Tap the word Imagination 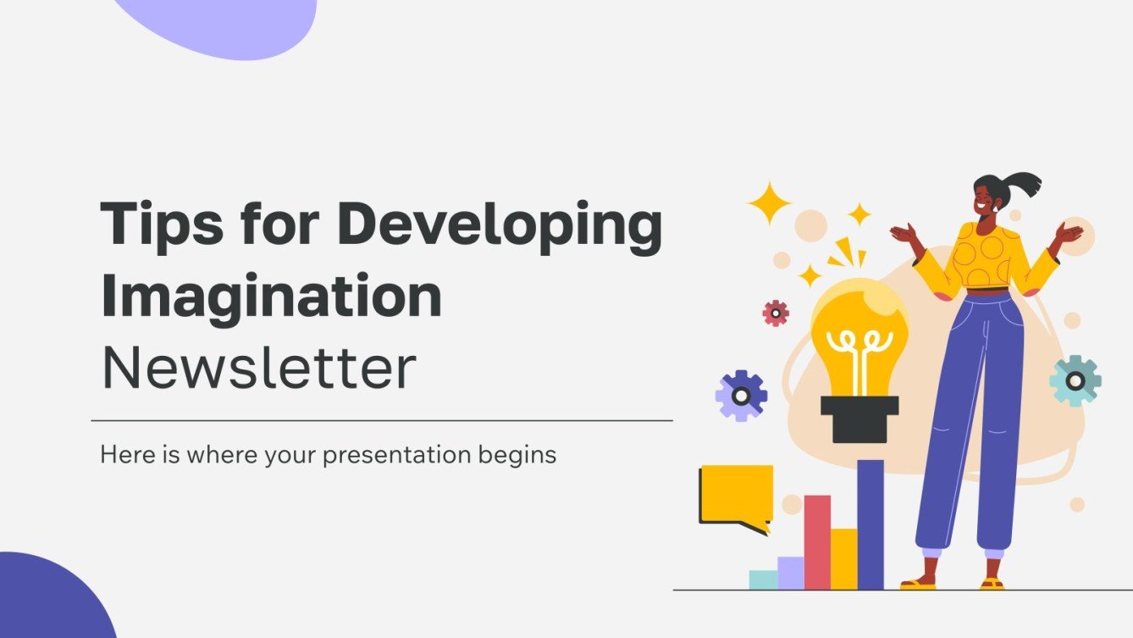(x=271, y=297)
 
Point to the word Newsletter (x=258, y=368)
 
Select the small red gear (x=775, y=313)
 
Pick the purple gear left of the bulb (x=741, y=395)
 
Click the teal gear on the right (x=1075, y=380)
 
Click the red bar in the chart (x=817, y=542)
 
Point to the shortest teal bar (x=763, y=580)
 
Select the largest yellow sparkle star (x=769, y=203)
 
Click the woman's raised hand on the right (x=1069, y=233)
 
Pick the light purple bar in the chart (x=790, y=573)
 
